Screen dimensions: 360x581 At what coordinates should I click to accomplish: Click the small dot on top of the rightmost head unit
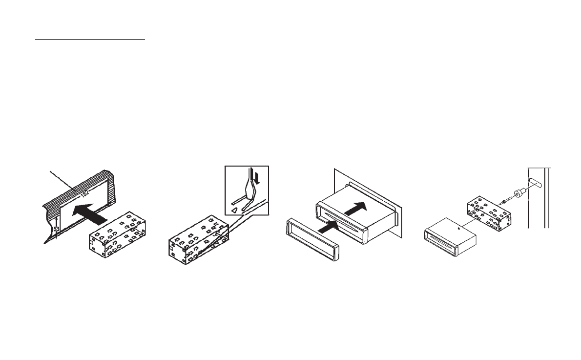point(459,228)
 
